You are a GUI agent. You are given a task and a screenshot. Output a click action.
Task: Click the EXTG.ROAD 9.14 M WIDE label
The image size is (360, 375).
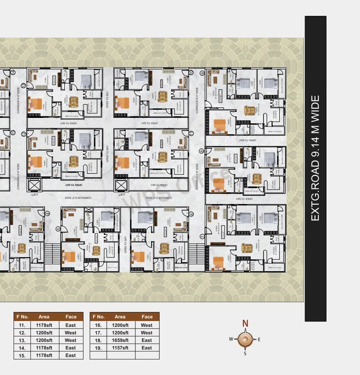pyautogui.click(x=315, y=158)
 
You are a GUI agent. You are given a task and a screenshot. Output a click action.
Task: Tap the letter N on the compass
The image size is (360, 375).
pyautogui.click(x=245, y=324)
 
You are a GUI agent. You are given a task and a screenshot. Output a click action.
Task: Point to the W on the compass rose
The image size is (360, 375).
pyautogui.click(x=231, y=339)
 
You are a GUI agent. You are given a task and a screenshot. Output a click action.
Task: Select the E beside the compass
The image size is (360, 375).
pyautogui.click(x=259, y=339)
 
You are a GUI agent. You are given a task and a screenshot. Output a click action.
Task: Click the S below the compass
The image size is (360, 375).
pyautogui.click(x=245, y=353)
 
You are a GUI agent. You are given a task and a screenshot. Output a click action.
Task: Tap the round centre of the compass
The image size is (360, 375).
pyautogui.click(x=245, y=339)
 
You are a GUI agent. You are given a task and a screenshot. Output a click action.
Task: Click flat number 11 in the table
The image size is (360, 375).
pyautogui.click(x=22, y=325)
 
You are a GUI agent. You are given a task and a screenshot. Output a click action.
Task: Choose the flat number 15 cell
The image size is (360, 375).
pyautogui.click(x=22, y=356)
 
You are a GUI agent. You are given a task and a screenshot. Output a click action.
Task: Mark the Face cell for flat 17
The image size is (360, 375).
pyautogui.click(x=147, y=333)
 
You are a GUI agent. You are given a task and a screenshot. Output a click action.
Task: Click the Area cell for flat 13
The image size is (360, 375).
pyautogui.click(x=43, y=340)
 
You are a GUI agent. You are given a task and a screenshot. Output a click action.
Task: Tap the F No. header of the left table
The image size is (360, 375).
pyautogui.click(x=22, y=317)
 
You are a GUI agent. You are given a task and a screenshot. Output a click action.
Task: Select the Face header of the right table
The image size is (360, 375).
pyautogui.click(x=147, y=317)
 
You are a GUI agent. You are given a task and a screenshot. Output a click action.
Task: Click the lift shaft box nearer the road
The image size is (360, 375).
pyautogui.click(x=120, y=185)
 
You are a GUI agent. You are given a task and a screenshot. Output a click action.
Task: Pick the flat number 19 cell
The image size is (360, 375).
pyautogui.click(x=98, y=348)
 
